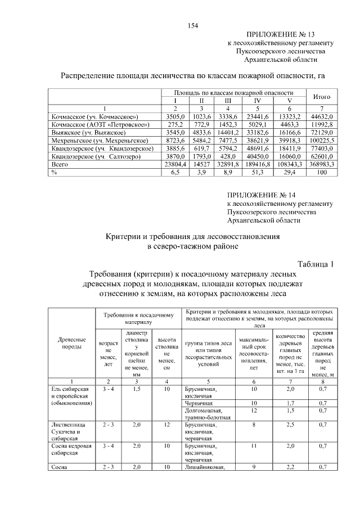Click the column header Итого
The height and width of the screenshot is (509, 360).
click(x=321, y=97)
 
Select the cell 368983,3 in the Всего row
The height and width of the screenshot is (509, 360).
click(x=321, y=164)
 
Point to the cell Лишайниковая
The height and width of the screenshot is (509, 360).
click(x=204, y=467)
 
